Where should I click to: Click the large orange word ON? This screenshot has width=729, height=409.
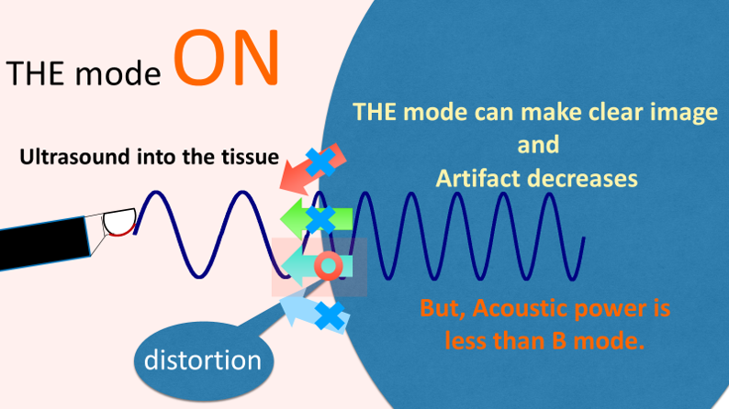[229, 58]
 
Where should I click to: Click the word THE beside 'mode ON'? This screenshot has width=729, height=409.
[35, 72]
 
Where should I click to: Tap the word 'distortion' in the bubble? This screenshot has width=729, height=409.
[203, 360]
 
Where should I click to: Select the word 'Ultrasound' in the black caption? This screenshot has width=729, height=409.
[75, 157]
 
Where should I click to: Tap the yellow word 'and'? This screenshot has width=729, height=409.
[538, 145]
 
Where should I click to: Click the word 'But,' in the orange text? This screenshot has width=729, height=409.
[443, 309]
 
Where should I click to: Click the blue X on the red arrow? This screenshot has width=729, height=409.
[320, 161]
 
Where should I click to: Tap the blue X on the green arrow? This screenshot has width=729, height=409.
[320, 219]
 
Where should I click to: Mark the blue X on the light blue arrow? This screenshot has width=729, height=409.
[330, 315]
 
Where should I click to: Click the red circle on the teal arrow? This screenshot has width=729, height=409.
[329, 266]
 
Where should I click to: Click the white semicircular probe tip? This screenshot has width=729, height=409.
[119, 222]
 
